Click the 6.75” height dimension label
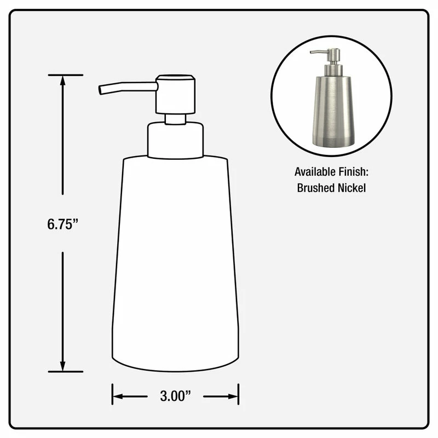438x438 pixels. (x=62, y=224)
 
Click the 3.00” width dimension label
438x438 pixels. (x=175, y=396)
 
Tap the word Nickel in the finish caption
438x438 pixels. (x=351, y=188)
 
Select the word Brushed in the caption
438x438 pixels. (x=316, y=188)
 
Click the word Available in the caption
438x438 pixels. (x=315, y=172)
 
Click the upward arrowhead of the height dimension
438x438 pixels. (x=62, y=80)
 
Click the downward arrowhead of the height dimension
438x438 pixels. (x=62, y=366)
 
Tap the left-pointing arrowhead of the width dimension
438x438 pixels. (x=118, y=396)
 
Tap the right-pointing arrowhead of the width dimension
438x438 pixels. (x=233, y=396)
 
